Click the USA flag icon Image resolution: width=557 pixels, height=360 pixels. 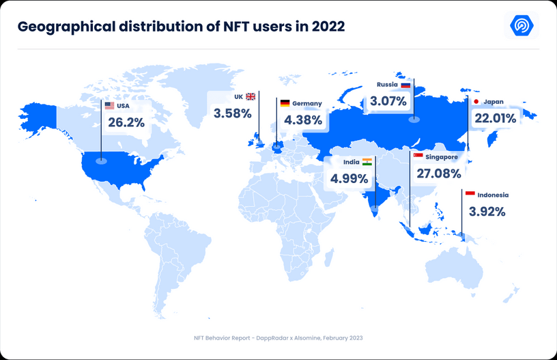pos(109,106)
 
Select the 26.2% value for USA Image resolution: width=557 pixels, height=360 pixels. pos(126,122)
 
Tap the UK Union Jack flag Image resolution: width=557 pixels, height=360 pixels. pos(251,97)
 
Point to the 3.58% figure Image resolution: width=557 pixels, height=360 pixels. pos(233,113)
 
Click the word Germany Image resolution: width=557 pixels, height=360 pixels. pos(307,104)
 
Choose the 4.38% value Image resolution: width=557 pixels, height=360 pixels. pos(303,120)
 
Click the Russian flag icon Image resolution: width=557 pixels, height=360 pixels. pos(405,85)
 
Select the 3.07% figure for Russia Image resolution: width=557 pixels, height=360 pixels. pos(388,101)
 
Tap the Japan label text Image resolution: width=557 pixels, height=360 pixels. pos(494,102)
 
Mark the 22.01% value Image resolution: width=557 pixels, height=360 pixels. pos(495,118)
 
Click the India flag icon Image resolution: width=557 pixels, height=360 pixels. pos(367,162)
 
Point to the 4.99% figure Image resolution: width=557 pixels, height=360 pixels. pos(349,179)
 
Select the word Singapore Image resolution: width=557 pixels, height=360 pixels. pos(442,157)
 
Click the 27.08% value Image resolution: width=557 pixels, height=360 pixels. pos(439,174)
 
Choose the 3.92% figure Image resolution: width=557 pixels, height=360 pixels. pos(487,212)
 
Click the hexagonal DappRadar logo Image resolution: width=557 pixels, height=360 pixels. pos(522,25)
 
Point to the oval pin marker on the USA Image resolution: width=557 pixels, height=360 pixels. pos(101,161)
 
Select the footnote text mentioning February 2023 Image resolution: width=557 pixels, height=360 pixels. pos(278,338)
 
